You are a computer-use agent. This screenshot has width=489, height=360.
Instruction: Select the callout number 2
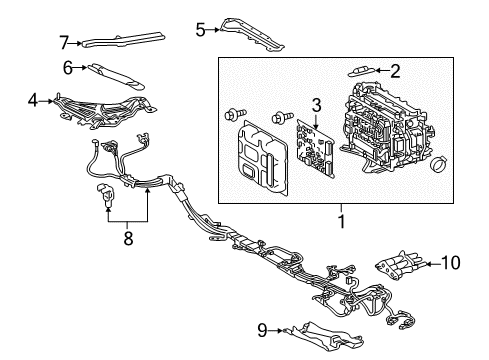tap(395, 71)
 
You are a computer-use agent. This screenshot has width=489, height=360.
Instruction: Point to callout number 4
tap(33, 101)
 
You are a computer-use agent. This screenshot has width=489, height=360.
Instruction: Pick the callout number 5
tap(199, 31)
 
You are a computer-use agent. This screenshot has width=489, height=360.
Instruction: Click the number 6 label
tap(68, 68)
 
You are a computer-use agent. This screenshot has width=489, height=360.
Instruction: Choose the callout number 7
tap(64, 42)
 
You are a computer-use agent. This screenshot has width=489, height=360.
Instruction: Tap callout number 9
tap(263, 328)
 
